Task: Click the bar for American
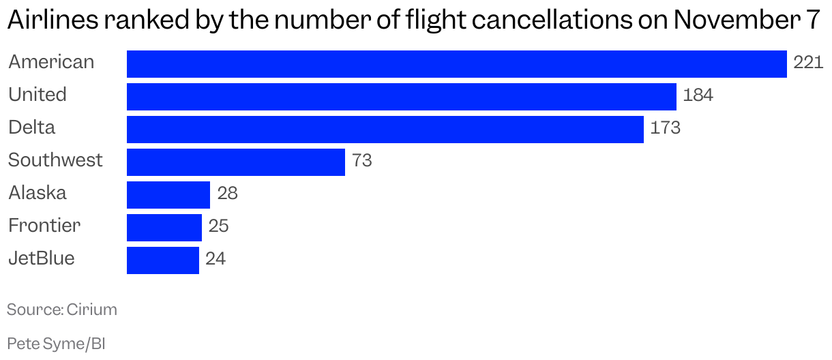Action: [456, 64]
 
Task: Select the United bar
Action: [401, 97]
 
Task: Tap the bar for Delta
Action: [385, 130]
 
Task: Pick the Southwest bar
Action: [235, 162]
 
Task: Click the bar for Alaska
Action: [168, 195]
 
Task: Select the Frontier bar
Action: [164, 228]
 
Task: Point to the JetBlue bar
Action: [162, 260]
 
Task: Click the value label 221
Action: [808, 63]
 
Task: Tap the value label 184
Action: [698, 96]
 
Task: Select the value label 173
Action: [665, 129]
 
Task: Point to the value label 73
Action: [361, 162]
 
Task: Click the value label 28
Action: [227, 194]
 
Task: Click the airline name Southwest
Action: [55, 161]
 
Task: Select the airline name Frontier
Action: [44, 226]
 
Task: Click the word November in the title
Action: [732, 22]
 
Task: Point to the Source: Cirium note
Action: [62, 310]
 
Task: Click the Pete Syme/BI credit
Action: [56, 344]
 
